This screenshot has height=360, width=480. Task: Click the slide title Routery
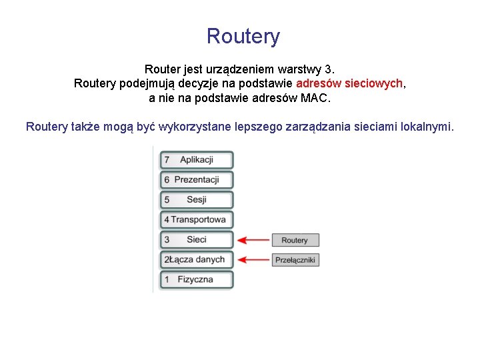[243, 36]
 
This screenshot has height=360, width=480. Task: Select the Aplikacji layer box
[197, 160]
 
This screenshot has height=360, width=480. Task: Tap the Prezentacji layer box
[197, 180]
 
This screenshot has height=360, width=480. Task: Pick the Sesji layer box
[197, 200]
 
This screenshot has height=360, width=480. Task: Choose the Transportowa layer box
[197, 220]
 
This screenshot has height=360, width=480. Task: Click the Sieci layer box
[197, 240]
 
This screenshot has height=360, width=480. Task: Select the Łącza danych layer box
[197, 260]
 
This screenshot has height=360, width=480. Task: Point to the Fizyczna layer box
[197, 280]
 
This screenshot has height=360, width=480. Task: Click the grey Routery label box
[295, 240]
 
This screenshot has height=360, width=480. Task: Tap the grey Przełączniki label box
[295, 260]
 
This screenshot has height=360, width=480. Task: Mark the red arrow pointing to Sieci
[253, 240]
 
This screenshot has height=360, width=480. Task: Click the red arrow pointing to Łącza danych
[253, 260]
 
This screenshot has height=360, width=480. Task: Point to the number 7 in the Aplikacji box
[167, 160]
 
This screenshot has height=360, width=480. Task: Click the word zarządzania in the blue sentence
[317, 127]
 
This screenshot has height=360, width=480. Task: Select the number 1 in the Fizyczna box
[167, 280]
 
